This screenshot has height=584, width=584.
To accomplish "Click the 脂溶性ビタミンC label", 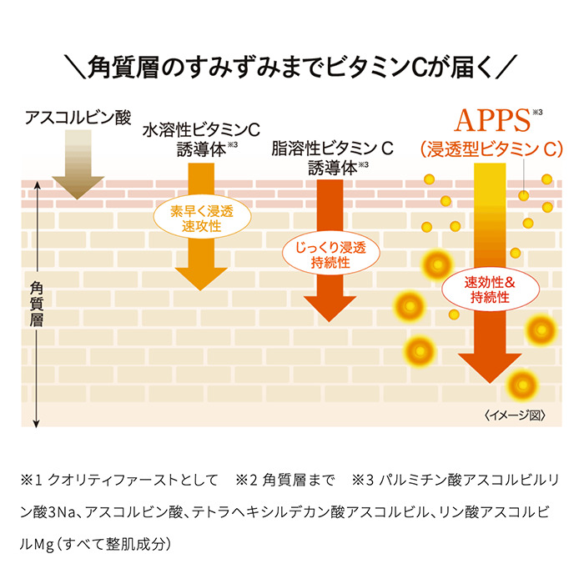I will [332, 149].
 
